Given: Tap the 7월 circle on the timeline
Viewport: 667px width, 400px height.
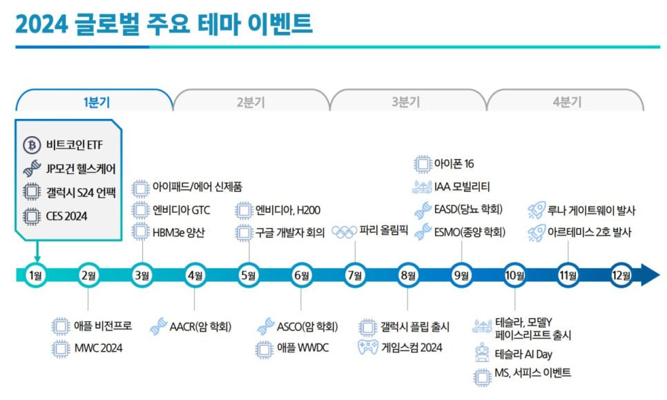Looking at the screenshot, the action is [x=355, y=276].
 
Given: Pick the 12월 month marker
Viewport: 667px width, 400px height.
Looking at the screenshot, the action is [x=621, y=276].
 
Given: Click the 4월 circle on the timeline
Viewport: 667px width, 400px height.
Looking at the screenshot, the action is [x=195, y=276].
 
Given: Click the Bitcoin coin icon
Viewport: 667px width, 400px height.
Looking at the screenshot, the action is [x=32, y=145].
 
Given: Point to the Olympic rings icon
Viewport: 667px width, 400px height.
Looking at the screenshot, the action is [x=344, y=232].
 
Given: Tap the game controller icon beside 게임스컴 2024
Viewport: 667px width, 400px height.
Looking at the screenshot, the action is [x=368, y=347].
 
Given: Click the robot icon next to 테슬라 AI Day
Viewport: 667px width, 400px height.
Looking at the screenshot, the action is [x=482, y=353].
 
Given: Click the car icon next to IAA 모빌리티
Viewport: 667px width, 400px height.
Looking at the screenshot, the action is [x=422, y=187].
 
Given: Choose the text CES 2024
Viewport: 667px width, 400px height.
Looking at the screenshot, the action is [x=66, y=216].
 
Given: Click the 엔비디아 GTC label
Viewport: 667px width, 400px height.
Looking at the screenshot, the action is [x=181, y=210].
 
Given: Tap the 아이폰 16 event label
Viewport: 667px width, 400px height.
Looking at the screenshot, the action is [x=454, y=164].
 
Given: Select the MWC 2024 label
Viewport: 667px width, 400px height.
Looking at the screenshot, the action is [x=98, y=348].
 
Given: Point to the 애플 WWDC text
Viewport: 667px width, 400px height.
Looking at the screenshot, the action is [x=303, y=348].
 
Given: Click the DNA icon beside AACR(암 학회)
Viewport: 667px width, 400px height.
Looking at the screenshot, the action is [x=159, y=326].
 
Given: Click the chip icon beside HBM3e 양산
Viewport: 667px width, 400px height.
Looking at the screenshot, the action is [x=140, y=232].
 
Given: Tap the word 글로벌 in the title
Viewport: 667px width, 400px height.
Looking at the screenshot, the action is [x=107, y=23].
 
